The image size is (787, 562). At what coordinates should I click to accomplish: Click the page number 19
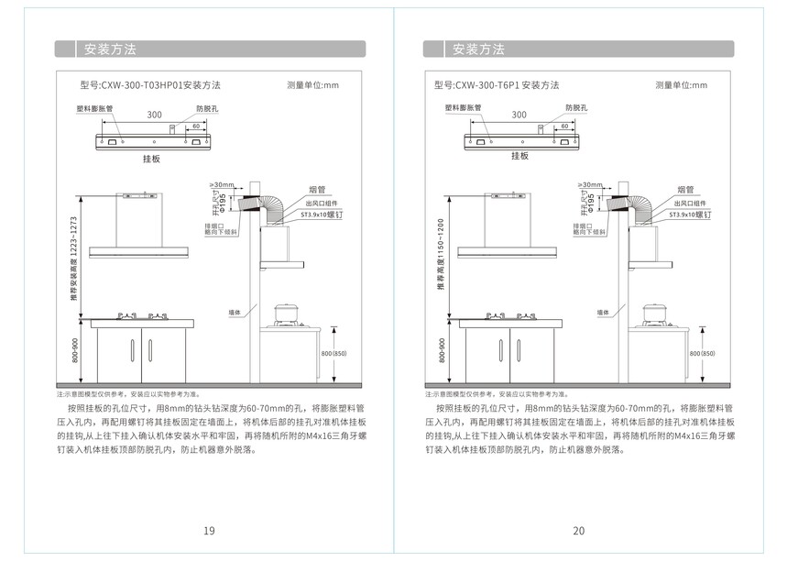[209, 531]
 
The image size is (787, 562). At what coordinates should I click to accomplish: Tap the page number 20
[578, 531]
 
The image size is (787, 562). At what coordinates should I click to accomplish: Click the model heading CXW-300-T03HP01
[150, 85]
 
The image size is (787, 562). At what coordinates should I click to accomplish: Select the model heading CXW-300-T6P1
[497, 85]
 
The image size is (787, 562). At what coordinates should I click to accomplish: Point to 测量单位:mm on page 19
[312, 85]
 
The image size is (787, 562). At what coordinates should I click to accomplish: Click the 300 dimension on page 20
[519, 115]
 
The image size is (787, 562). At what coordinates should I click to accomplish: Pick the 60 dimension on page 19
[195, 126]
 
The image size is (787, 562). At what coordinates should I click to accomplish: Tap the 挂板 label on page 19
[151, 159]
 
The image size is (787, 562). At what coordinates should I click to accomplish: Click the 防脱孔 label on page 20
[578, 107]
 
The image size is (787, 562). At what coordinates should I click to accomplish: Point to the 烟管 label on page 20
[684, 190]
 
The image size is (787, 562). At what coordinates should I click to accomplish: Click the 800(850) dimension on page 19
[333, 353]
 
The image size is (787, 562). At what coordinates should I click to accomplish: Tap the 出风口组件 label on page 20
[686, 203]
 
